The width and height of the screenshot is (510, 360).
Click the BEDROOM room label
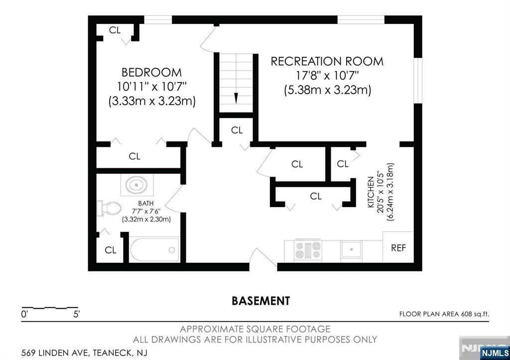pos(151,72)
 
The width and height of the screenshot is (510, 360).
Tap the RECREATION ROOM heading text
pos(327,61)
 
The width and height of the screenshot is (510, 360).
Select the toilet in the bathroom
pos(109,208)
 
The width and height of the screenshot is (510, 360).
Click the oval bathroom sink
pos(136,185)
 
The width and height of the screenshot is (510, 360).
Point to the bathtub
pos(155,250)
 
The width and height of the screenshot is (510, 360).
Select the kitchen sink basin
pos(351,250)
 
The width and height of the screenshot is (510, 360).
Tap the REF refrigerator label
pos(398,248)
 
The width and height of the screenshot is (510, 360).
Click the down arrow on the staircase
pos(237,98)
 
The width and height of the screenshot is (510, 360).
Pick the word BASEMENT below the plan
pos(261,301)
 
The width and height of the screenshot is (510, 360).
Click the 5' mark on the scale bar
pos(76,315)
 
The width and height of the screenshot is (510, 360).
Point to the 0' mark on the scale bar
pos(24,315)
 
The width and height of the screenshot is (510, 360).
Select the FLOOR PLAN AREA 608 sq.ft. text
pos(444,314)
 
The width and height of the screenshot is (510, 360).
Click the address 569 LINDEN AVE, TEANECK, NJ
pos(84,353)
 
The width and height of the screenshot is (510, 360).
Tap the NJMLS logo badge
pos(495,353)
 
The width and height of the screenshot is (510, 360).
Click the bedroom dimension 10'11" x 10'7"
pos(152,87)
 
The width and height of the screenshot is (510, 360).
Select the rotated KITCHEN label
pos(371,192)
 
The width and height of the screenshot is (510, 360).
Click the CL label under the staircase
pos(237,130)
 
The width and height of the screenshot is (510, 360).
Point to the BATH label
pos(146,203)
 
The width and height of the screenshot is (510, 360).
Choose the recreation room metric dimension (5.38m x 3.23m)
pos(328,90)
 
